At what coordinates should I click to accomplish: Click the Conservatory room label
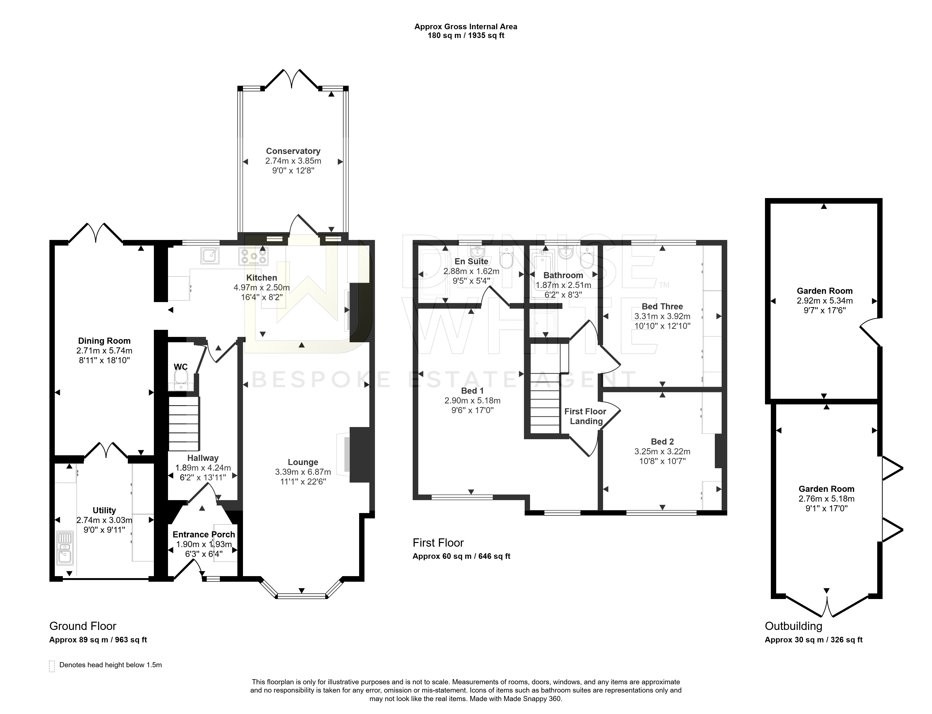[293, 151]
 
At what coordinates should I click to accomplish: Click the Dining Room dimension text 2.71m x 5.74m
[104, 351]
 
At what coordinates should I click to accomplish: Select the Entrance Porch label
[204, 534]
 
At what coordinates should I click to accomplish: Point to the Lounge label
[303, 462]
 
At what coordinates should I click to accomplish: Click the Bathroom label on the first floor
[563, 275]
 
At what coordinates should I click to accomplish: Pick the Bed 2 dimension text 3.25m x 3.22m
[662, 451]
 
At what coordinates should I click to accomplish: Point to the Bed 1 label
[472, 390]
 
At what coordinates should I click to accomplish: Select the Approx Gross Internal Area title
[466, 26]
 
